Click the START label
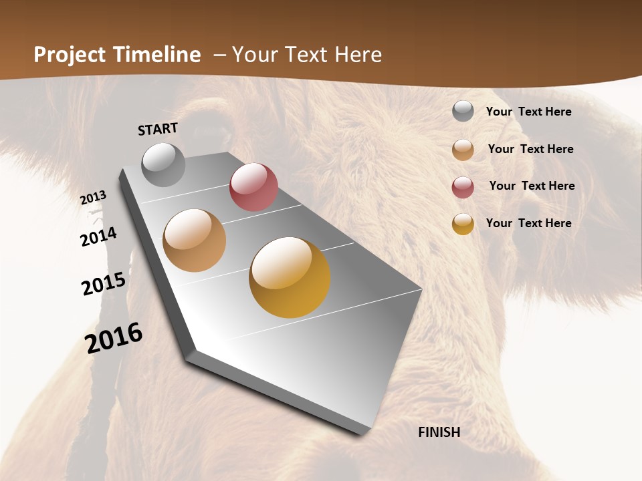coord(158,129)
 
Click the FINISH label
coord(439,432)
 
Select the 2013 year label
coord(94,198)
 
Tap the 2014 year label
coord(99,236)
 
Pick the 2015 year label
coord(104,284)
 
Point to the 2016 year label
coord(114,338)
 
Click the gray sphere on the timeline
coord(164,164)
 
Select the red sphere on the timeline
coord(253,187)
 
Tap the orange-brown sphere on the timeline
coord(195,240)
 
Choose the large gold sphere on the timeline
coord(290,277)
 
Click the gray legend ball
coord(463,112)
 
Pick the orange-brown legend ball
coord(463,150)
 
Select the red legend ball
coord(463,187)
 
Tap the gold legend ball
coord(463,224)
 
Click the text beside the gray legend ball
coord(528,112)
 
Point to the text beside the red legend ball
coord(532,186)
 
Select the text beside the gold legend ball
coord(528,223)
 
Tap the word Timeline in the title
coord(157,55)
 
